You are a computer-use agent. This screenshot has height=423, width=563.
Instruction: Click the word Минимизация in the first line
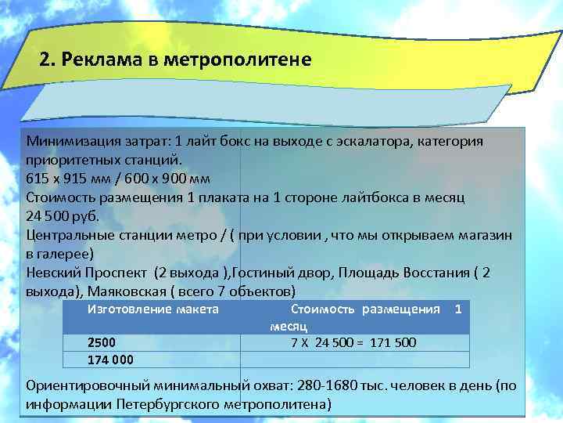click(x=68, y=142)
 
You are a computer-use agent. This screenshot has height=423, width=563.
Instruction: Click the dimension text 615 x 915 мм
click(x=66, y=178)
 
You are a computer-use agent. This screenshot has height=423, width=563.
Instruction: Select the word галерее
click(x=66, y=253)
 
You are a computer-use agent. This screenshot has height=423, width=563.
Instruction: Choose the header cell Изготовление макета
click(x=152, y=309)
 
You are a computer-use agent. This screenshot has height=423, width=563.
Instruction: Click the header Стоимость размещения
click(x=364, y=309)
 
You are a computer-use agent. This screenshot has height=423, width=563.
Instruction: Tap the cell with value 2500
click(x=102, y=343)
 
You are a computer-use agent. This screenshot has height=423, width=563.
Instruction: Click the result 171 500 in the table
click(x=393, y=342)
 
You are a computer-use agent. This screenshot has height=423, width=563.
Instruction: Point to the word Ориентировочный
click(x=86, y=385)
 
